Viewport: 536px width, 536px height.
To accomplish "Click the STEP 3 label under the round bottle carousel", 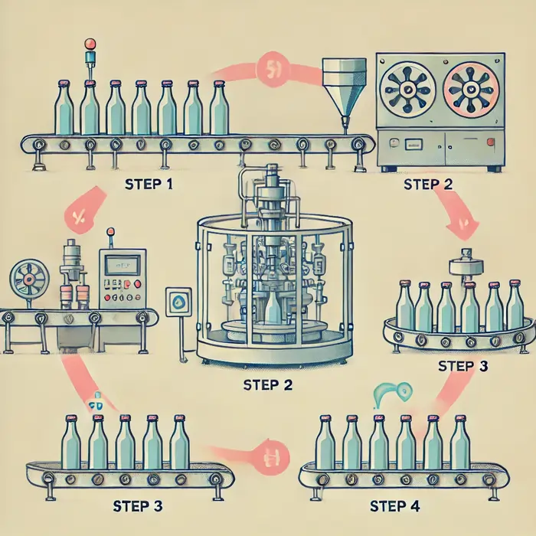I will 462,365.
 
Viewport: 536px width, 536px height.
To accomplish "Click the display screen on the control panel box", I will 119,266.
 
